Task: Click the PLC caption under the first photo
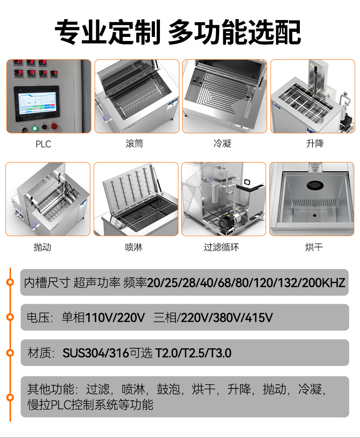pos(43,144)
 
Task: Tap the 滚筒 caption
pos(134,144)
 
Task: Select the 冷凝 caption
pos(222,144)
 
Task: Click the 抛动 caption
pos(42,247)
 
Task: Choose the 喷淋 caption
pos(134,247)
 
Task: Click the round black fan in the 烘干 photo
pos(314,185)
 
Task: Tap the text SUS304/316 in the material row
pos(96,353)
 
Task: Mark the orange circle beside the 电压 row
pos(10,317)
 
